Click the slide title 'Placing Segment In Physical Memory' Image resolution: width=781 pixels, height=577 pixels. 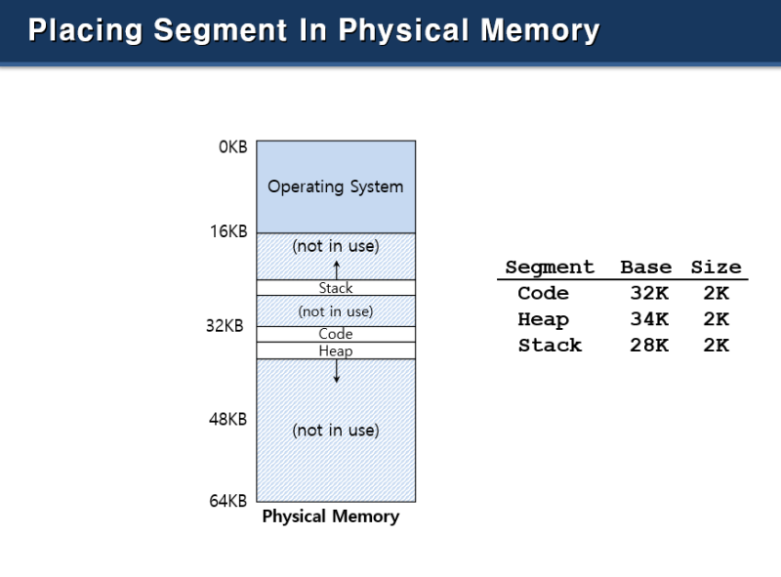(x=313, y=30)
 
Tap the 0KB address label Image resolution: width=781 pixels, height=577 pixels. (x=232, y=147)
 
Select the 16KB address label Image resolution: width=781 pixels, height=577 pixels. (x=227, y=231)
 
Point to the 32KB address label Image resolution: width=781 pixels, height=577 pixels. (x=225, y=325)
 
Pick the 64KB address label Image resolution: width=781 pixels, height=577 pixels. (x=227, y=501)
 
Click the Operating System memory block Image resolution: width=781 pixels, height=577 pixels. (x=336, y=186)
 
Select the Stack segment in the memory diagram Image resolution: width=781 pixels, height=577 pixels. (x=336, y=288)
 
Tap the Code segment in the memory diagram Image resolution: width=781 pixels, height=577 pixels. (x=336, y=334)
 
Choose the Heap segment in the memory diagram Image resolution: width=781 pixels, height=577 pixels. (x=336, y=350)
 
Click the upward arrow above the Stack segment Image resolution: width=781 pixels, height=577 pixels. (x=336, y=268)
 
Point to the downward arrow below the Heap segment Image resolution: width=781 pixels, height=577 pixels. (x=336, y=371)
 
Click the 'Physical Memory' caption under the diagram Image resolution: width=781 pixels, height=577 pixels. (x=330, y=516)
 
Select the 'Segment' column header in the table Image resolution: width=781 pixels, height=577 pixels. (x=550, y=268)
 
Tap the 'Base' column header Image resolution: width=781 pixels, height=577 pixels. (x=645, y=268)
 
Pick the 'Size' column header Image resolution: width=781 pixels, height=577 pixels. (x=716, y=268)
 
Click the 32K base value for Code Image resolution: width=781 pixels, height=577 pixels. (x=649, y=294)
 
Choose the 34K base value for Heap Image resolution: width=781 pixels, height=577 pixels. (x=649, y=319)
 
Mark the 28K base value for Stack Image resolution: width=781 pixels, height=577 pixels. (x=649, y=346)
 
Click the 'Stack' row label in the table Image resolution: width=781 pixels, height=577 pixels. (x=550, y=346)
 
